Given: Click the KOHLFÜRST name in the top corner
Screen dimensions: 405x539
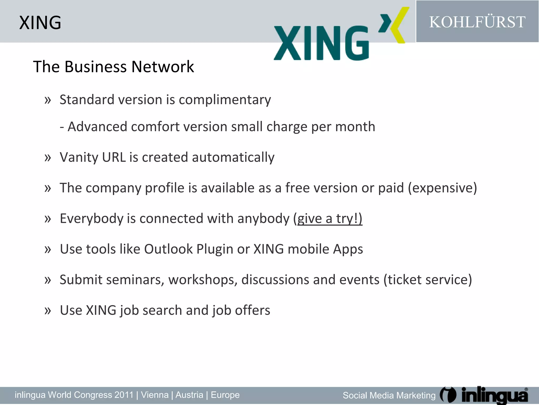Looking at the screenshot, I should point(477,22).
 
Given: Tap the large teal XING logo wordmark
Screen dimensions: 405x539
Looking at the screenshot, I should point(321,43).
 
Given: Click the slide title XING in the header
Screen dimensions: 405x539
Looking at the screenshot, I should point(40,23).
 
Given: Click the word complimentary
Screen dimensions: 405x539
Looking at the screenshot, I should point(225,100).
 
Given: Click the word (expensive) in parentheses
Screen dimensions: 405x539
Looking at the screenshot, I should point(442,188).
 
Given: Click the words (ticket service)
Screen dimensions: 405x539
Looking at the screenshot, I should point(428,280).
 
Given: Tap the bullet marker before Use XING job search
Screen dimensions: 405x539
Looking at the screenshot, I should point(48,310).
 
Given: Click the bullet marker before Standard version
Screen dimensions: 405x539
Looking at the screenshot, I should point(48,100).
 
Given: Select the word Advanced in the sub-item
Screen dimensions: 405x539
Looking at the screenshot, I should point(97,127).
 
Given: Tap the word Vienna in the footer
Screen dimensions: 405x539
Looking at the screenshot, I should point(155,395).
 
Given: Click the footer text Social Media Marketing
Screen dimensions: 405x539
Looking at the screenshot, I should point(389,396).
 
